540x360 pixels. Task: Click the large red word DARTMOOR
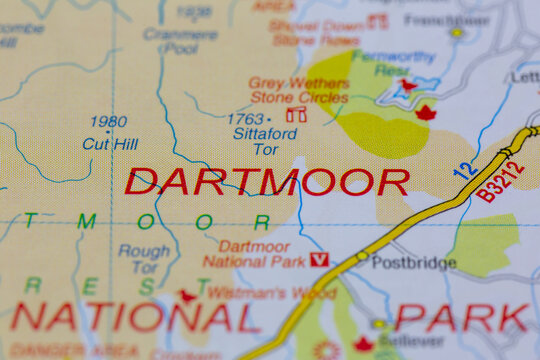(x=267, y=182)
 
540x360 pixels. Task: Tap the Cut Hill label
(x=109, y=143)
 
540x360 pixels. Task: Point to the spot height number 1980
(x=108, y=123)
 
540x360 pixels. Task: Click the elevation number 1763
(x=245, y=119)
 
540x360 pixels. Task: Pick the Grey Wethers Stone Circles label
(x=297, y=90)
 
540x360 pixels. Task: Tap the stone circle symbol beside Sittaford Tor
(x=296, y=115)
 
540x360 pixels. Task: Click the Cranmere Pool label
(x=179, y=40)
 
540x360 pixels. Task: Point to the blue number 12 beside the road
(x=464, y=169)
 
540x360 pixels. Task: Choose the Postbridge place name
(x=413, y=262)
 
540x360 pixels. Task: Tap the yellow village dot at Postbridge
(x=361, y=257)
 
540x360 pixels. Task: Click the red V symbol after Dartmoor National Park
(x=319, y=260)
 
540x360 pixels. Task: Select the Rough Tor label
(x=144, y=259)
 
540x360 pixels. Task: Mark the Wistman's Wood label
(x=258, y=293)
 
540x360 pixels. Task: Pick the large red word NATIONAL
(x=134, y=318)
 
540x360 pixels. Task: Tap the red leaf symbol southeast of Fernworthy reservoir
(x=426, y=113)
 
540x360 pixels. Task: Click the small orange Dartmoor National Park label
(x=254, y=254)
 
